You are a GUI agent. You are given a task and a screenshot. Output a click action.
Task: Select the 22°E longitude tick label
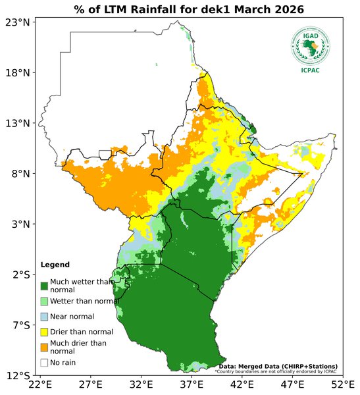(41, 384)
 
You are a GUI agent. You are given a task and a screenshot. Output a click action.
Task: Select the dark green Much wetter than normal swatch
(44, 286)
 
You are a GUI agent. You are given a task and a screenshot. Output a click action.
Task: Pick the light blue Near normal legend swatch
(44, 317)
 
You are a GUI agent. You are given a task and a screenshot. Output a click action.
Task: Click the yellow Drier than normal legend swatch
(44, 331)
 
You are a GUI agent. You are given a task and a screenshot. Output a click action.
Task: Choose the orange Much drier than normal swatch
(44, 346)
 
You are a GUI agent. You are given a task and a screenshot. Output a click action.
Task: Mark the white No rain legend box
(44, 362)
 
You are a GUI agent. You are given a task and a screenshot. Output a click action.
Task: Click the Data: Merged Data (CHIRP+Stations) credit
(278, 366)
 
